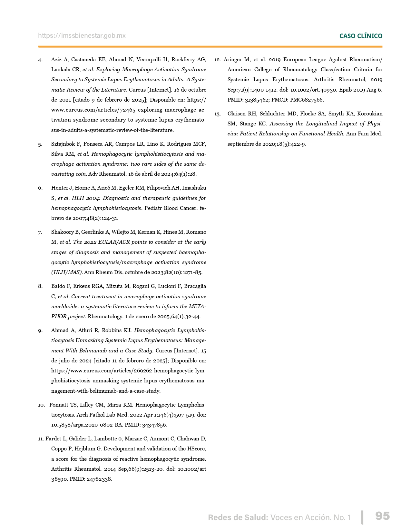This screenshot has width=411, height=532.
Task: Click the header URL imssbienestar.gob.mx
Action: coord(82,36)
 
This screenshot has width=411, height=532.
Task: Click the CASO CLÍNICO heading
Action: coord(361,36)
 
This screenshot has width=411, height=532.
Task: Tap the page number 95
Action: coord(382,516)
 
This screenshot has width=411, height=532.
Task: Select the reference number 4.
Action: coord(40,60)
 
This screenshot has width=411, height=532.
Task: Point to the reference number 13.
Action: coord(218,114)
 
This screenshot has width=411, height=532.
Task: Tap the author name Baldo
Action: coord(58,286)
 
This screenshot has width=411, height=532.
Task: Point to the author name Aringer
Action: coord(232,60)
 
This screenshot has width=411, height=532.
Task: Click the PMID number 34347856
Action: coord(154,425)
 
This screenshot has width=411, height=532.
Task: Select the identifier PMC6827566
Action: coord(307,100)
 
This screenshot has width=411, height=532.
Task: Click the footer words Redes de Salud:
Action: coord(238,517)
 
